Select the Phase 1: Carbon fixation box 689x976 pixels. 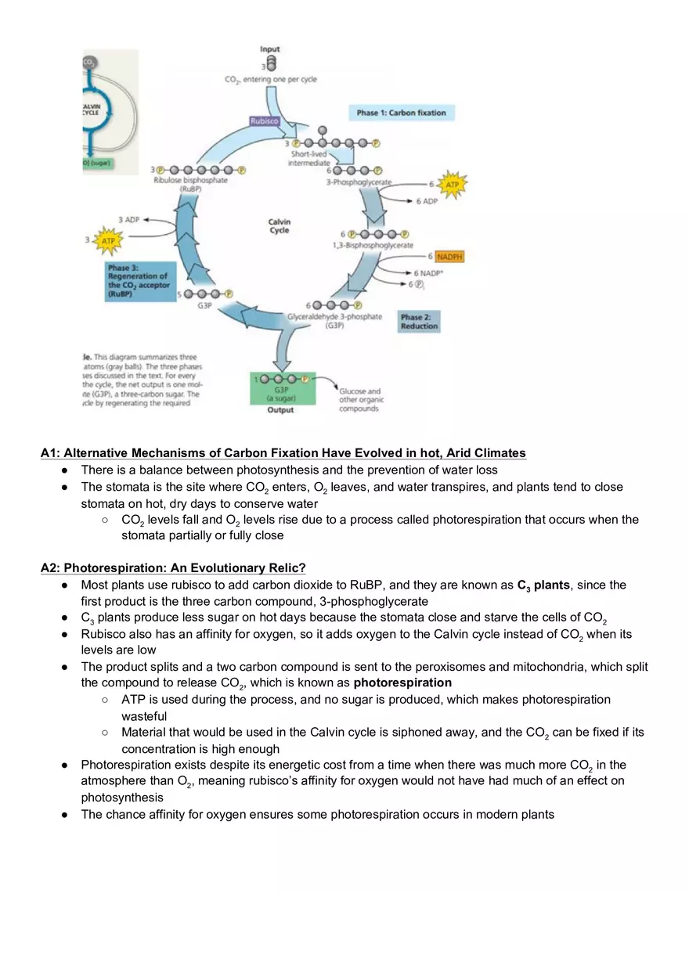tap(401, 113)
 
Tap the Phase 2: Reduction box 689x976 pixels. tap(419, 322)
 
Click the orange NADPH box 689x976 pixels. tap(449, 257)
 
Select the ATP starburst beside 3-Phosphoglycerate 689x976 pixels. tap(452, 185)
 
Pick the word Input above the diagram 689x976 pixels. tap(270, 49)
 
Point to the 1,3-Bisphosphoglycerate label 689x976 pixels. tap(373, 246)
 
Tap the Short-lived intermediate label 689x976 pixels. tap(309, 159)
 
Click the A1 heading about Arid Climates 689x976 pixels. tap(283, 453)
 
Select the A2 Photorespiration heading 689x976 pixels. tap(173, 567)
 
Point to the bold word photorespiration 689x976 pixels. tap(402, 682)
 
